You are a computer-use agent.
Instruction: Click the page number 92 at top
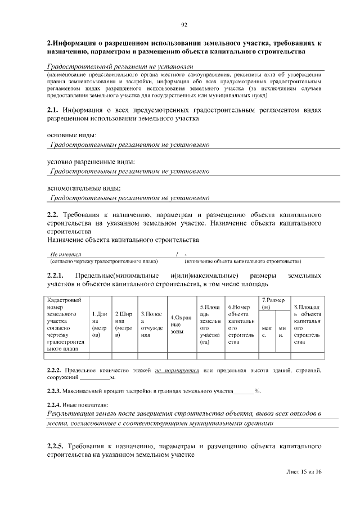click(x=184, y=24)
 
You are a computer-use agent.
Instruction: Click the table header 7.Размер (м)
click(x=273, y=303)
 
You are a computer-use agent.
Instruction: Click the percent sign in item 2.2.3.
click(x=256, y=390)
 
